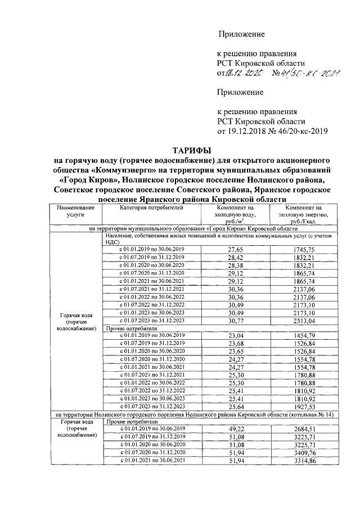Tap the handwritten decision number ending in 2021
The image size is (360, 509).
tap(307, 72)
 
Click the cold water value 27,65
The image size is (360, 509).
tap(236, 249)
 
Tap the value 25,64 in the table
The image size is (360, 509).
tap(236, 406)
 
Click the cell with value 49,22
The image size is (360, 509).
tap(236, 429)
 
